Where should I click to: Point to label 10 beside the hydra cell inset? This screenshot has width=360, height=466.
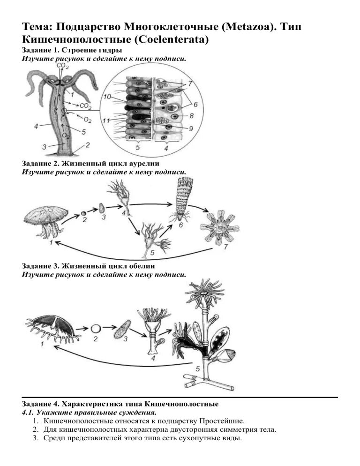(107, 97)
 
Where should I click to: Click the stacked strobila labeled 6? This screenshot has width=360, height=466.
(181, 201)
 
